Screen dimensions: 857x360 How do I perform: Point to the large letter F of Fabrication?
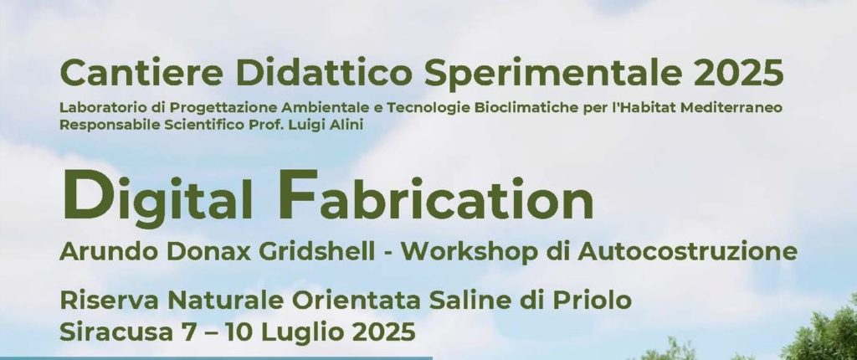299,194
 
